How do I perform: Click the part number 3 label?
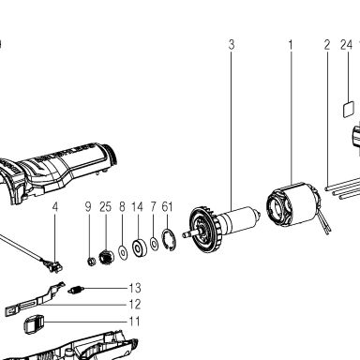coord(232,45)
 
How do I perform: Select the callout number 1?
coord(291,45)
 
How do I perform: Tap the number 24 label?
coord(346,45)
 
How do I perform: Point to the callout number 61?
coord(167,206)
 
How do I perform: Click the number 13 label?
coord(135,288)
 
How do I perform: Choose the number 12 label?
coord(135,304)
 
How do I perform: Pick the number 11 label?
coord(135,322)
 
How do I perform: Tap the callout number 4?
coord(55,206)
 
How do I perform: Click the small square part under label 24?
coord(349,109)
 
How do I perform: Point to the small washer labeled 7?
coord(154,244)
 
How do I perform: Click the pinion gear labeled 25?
coord(106,258)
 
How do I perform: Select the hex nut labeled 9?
coord(91,261)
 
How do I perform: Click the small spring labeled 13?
coord(75,291)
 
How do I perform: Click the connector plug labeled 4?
coord(53,265)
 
